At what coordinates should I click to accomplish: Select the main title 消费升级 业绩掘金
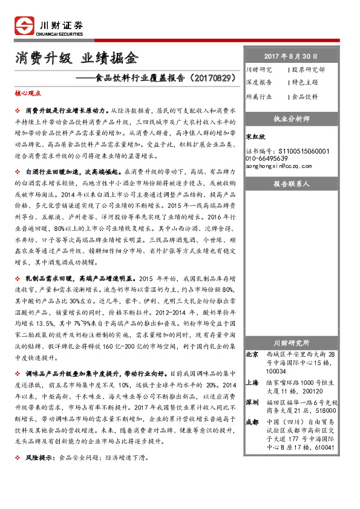click(x=76, y=59)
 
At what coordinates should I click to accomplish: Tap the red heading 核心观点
click(x=28, y=94)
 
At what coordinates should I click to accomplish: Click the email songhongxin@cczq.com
click(x=279, y=166)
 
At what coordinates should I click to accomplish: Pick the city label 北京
click(x=253, y=354)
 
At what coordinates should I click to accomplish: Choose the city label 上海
click(x=253, y=383)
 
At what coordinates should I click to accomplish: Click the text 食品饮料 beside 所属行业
click(x=305, y=96)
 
